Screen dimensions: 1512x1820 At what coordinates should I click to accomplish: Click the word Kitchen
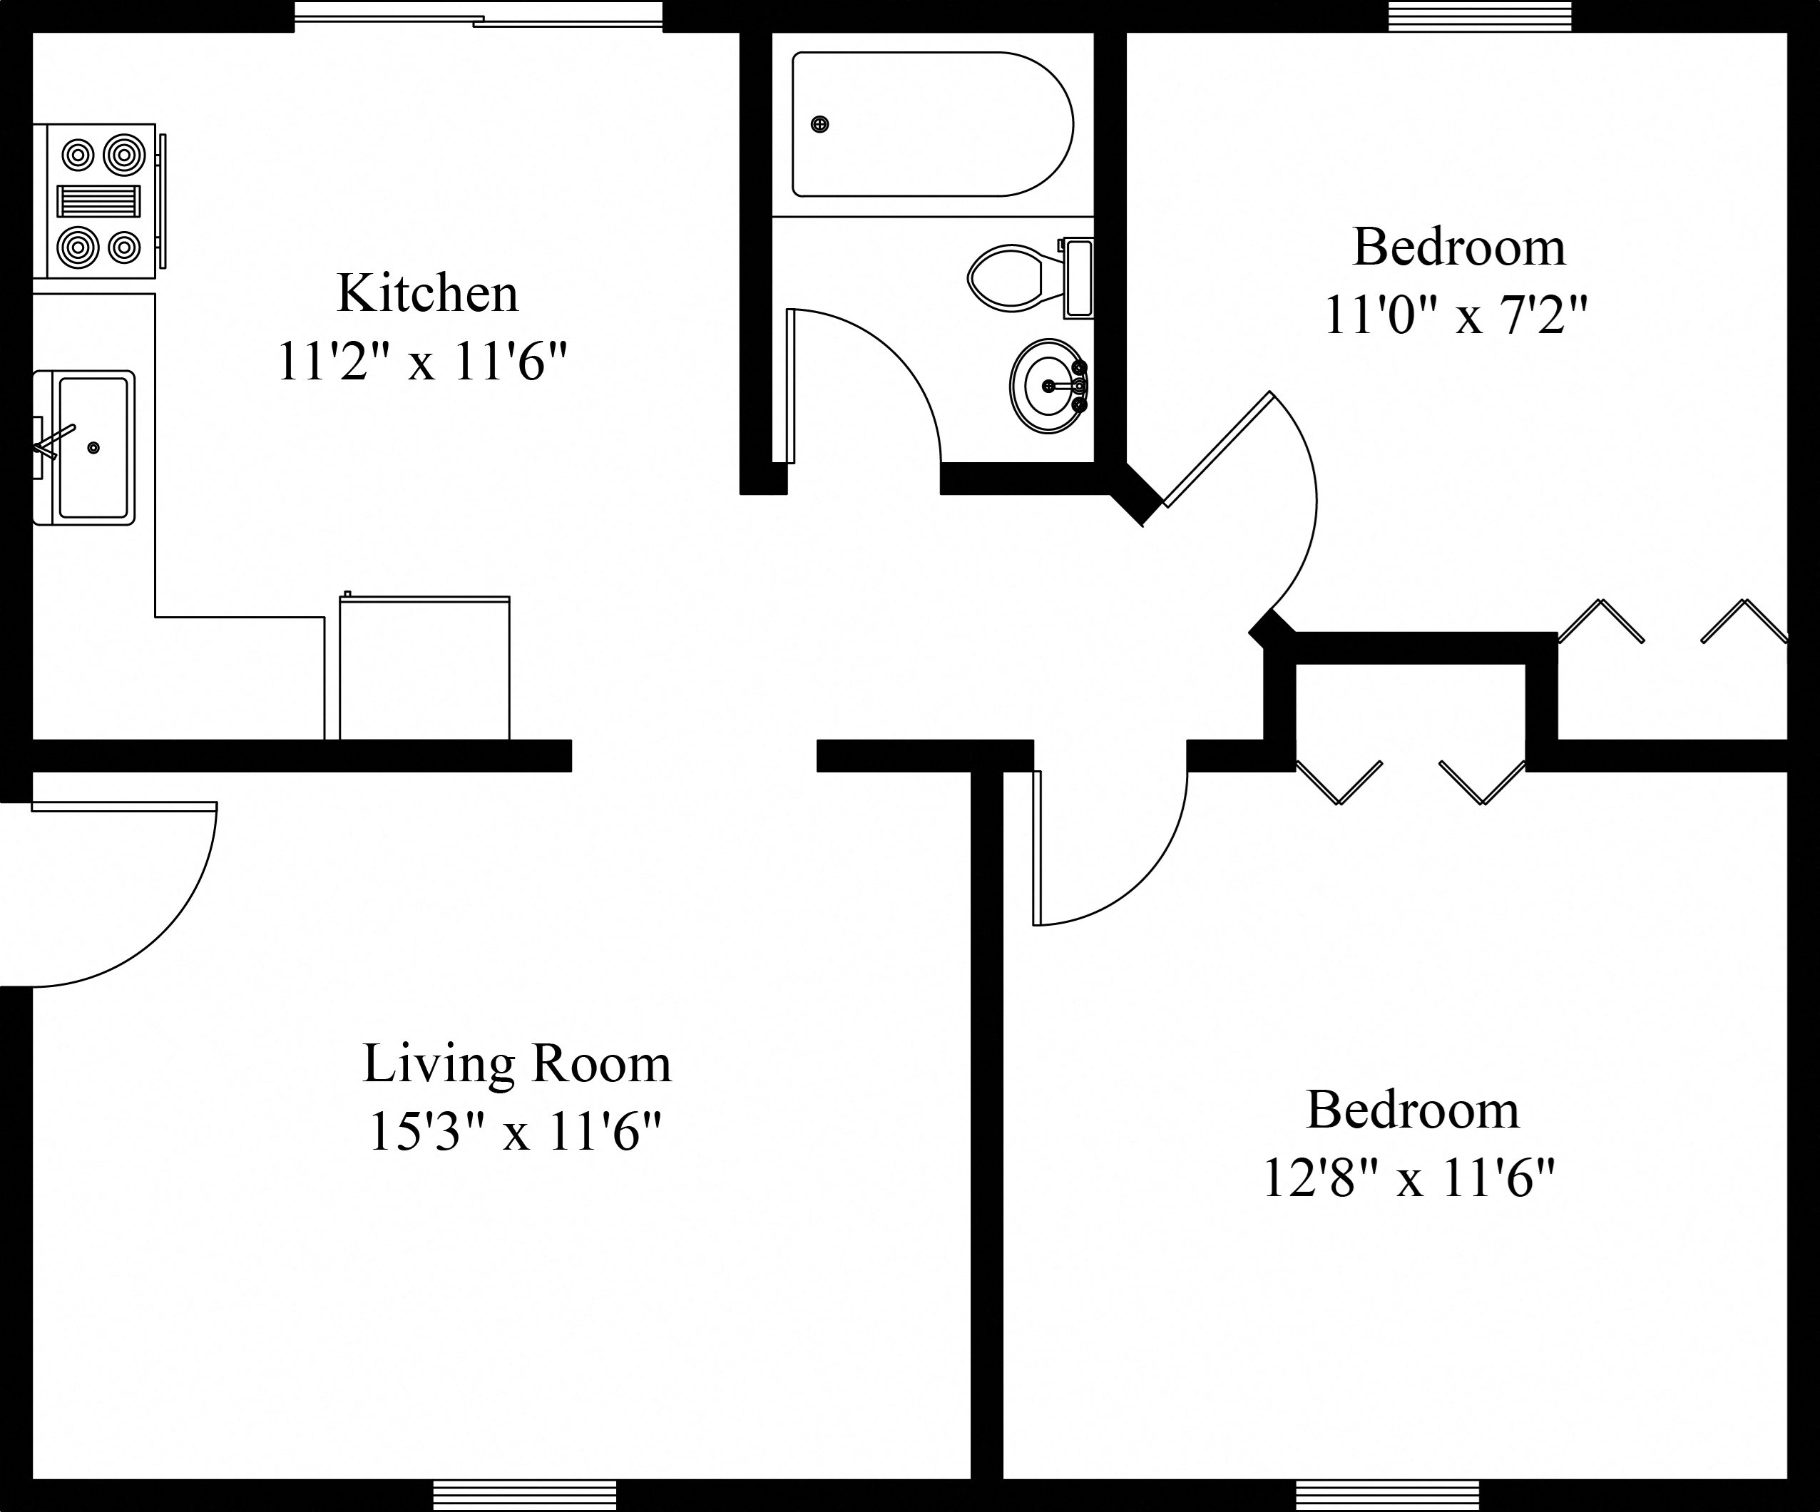[427, 294]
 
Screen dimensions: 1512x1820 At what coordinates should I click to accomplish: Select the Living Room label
[516, 1064]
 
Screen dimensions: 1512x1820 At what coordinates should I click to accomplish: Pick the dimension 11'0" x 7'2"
[1456, 315]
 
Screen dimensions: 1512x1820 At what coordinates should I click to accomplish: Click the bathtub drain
[819, 125]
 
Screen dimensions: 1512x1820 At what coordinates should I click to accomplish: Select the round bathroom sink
[1048, 387]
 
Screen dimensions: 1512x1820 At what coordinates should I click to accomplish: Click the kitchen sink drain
[93, 448]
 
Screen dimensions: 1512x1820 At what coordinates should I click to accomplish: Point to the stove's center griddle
[98, 201]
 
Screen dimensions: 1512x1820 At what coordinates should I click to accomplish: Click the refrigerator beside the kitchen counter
[424, 667]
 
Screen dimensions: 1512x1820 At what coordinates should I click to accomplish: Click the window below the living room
[524, 1493]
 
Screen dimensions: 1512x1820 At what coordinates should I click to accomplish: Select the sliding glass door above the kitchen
[478, 16]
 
